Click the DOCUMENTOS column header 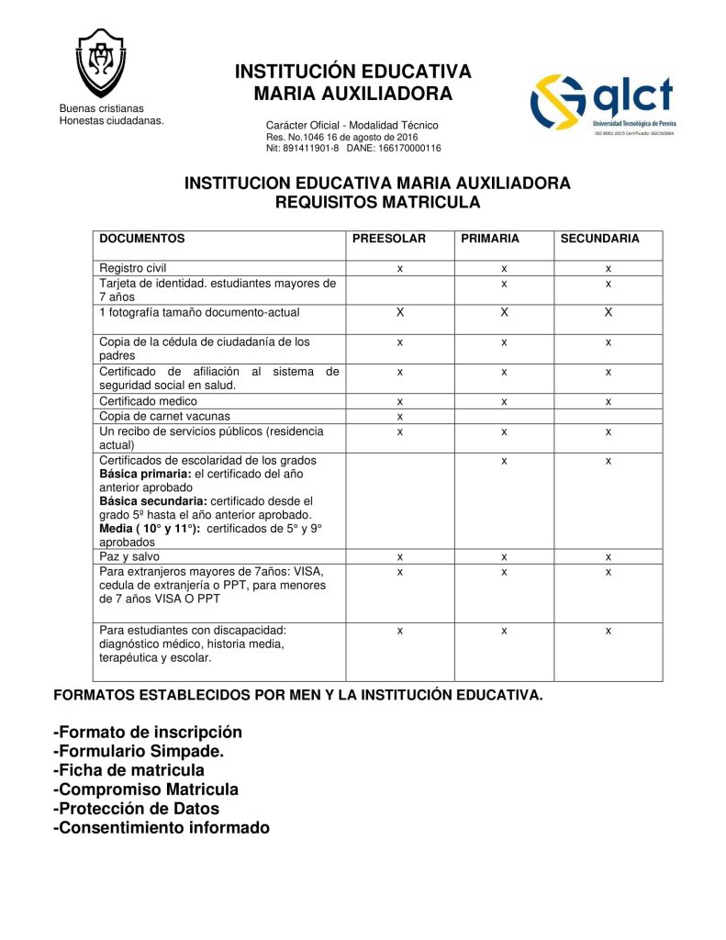pyautogui.click(x=142, y=239)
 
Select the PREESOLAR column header pyautogui.click(x=389, y=239)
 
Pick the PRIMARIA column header pyautogui.click(x=490, y=239)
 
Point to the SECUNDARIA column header pyautogui.click(x=599, y=239)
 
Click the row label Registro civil pyautogui.click(x=133, y=268)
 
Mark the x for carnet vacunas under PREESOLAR pyautogui.click(x=400, y=417)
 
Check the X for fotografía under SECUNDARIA pyautogui.click(x=608, y=313)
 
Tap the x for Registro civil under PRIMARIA pyautogui.click(x=504, y=269)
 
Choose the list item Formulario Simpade pyautogui.click(x=139, y=751)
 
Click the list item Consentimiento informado pyautogui.click(x=162, y=828)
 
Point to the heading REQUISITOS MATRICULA pyautogui.click(x=377, y=201)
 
